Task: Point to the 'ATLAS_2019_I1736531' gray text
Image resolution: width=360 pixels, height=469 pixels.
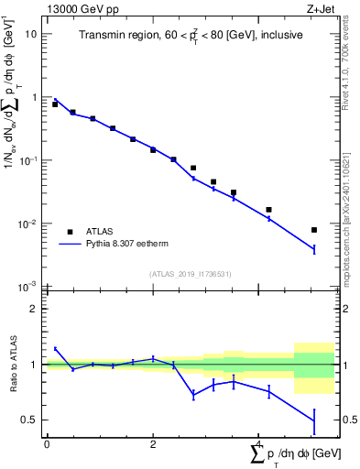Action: coord(190,274)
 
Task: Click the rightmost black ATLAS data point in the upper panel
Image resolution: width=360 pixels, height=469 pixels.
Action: coord(314,230)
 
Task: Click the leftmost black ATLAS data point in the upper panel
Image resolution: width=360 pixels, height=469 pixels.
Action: coord(55,104)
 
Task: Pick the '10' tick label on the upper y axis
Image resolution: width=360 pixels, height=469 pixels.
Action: coord(30,34)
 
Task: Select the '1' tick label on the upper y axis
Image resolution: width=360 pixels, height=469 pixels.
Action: coord(33,97)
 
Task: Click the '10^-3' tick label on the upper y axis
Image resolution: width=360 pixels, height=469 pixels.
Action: coord(27,287)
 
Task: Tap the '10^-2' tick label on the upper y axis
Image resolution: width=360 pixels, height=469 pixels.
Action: coord(27,224)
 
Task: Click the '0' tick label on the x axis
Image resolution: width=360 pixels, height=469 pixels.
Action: coord(47,443)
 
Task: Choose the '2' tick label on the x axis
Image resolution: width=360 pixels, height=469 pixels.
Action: coord(153,443)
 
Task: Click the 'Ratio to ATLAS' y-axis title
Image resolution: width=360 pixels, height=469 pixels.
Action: coord(12,364)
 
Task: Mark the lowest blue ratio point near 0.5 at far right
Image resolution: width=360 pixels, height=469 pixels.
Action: coord(314,421)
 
